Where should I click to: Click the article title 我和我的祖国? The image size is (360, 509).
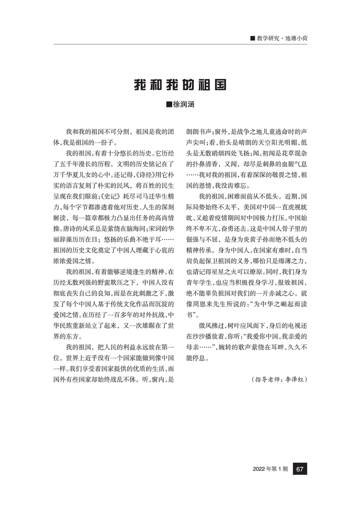(180, 85)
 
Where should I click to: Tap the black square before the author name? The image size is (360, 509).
(170, 105)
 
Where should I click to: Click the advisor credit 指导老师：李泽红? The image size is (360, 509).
(279, 378)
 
